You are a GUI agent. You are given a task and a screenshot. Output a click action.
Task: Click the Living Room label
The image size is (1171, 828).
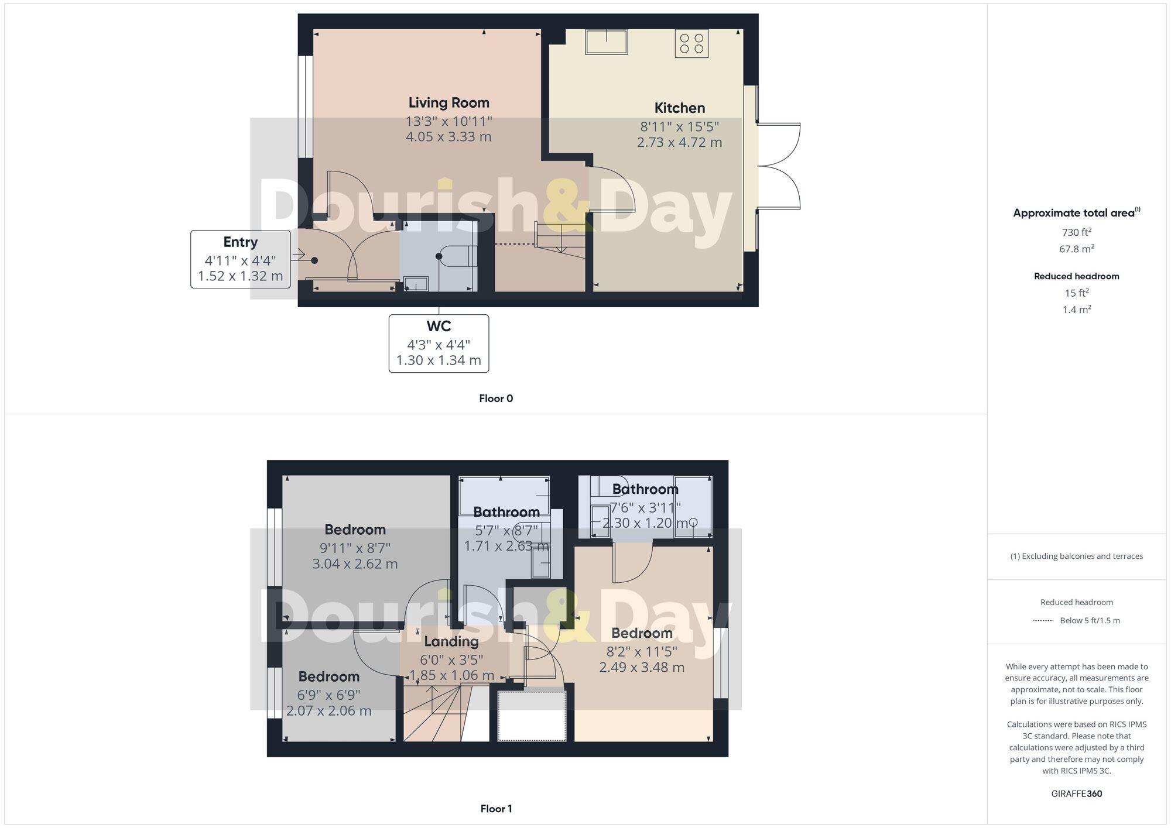tap(448, 103)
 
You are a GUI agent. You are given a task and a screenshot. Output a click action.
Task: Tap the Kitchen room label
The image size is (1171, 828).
tap(679, 108)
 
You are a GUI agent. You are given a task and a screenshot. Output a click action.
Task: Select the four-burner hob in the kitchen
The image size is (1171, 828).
tap(691, 44)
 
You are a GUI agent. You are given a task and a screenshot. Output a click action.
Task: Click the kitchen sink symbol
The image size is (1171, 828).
tap(606, 42)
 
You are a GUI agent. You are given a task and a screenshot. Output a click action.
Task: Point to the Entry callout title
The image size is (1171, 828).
tap(240, 242)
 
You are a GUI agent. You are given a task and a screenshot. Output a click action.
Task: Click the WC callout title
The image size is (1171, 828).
tap(439, 327)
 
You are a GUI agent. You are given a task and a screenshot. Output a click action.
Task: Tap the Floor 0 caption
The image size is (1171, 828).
tap(496, 398)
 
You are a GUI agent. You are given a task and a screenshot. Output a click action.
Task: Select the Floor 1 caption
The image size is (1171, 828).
tap(496, 809)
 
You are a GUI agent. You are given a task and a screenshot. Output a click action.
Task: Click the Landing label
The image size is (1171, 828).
tap(451, 641)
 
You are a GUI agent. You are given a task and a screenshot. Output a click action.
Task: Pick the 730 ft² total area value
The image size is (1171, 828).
tap(1076, 232)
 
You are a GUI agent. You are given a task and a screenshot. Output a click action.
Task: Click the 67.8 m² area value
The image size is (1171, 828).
tap(1076, 249)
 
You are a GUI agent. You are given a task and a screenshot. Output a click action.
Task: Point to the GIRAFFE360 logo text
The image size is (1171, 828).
tap(1076, 794)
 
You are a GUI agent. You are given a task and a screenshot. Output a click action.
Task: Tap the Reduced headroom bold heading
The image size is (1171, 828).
tap(1076, 276)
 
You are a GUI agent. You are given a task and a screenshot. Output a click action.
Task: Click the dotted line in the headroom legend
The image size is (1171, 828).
tap(1043, 620)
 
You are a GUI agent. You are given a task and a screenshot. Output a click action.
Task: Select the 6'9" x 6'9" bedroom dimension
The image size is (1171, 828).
tap(328, 695)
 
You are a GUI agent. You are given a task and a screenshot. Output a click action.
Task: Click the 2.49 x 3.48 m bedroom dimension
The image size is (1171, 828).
tap(642, 667)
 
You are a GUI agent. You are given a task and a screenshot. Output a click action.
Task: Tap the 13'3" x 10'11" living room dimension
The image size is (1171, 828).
tap(448, 122)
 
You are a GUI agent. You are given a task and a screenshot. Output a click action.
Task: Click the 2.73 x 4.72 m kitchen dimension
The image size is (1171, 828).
tap(679, 142)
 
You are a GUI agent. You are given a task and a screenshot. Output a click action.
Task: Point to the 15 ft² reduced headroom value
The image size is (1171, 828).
tap(1076, 293)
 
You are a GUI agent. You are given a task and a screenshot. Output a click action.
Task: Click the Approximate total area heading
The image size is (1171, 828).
tap(1074, 213)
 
